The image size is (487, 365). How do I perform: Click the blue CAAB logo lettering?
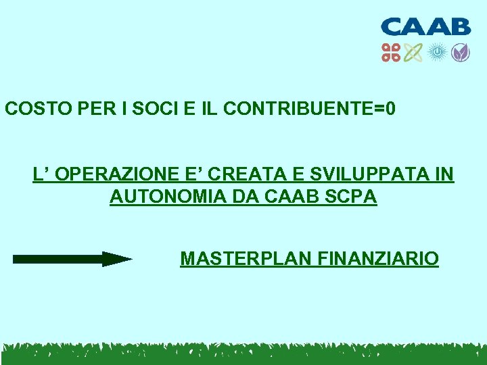point(425,27)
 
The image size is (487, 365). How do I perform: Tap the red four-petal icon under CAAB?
point(391,53)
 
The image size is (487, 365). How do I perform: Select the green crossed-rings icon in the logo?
point(413,53)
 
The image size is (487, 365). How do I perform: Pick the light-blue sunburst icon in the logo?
point(437,53)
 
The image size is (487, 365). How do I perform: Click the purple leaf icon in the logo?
point(460,53)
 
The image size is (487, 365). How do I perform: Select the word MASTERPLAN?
point(240,259)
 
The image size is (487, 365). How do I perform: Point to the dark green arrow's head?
point(116,259)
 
